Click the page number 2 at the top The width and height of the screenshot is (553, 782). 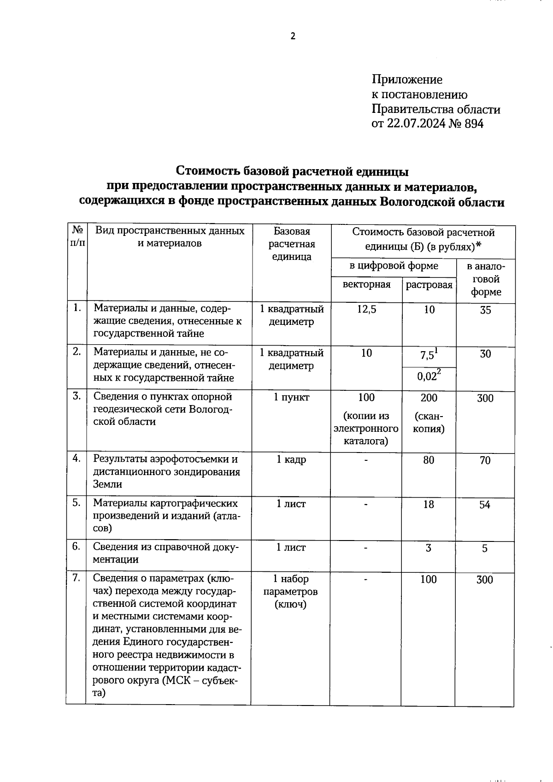(293, 36)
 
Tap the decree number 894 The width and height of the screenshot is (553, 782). (474, 123)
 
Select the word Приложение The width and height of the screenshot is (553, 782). (407, 80)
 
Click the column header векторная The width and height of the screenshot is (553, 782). (366, 284)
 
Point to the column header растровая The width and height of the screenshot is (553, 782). (429, 285)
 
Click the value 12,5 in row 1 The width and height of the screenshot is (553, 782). (366, 310)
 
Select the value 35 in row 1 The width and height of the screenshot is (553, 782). (485, 310)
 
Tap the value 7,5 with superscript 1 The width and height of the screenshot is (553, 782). (428, 355)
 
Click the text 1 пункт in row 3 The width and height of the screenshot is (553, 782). (291, 397)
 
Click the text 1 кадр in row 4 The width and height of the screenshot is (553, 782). (291, 459)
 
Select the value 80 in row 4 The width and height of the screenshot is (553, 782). (429, 460)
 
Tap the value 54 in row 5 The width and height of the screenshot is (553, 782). (484, 505)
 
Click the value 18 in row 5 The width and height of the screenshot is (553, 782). (429, 505)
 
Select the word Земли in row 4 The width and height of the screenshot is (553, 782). (107, 484)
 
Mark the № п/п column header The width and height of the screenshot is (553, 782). (77, 236)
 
